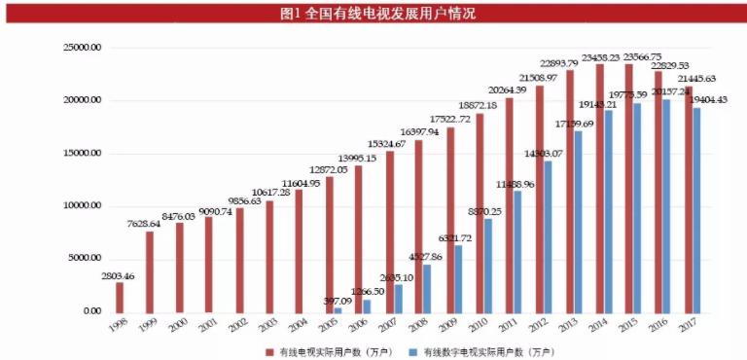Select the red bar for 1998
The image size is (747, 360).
pos(120,297)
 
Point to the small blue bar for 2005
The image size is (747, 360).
pos(338,308)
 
